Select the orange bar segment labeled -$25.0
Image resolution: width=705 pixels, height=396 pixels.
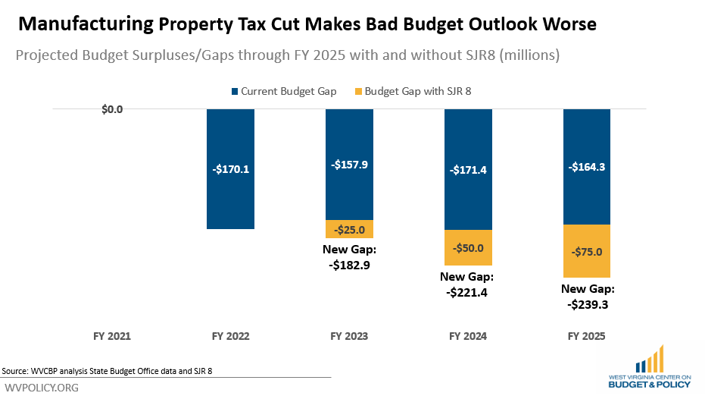click(349, 229)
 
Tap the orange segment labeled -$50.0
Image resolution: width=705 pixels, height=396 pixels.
click(467, 247)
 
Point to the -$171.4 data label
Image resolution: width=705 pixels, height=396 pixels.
click(467, 170)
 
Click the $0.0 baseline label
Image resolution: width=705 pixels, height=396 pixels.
click(112, 109)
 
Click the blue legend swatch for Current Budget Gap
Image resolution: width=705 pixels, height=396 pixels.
click(236, 92)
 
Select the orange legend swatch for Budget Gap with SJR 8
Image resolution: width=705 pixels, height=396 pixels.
click(358, 92)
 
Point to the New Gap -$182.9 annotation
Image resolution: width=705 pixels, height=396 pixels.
click(349, 258)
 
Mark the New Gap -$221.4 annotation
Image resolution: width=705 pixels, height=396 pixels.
click(467, 284)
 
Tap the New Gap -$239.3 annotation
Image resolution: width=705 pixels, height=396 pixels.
click(588, 297)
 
